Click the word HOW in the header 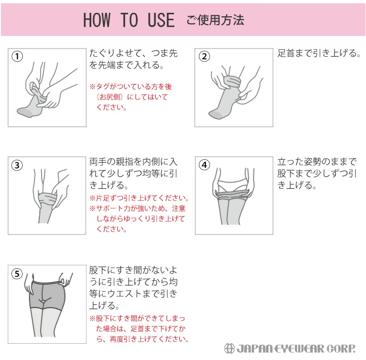(97, 20)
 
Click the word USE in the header (161, 20)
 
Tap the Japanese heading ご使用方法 (215, 20)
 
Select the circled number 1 (17, 56)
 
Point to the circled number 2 (204, 56)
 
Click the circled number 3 (17, 165)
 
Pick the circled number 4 (204, 165)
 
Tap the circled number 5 (17, 274)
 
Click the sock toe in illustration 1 (24, 112)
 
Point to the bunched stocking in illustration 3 (47, 199)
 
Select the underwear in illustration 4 (232, 184)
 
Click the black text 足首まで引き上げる (319, 53)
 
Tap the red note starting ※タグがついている (131, 97)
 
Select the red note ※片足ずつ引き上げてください (139, 198)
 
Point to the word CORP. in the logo (340, 349)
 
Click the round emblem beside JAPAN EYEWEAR (229, 349)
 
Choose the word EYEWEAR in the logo (299, 349)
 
